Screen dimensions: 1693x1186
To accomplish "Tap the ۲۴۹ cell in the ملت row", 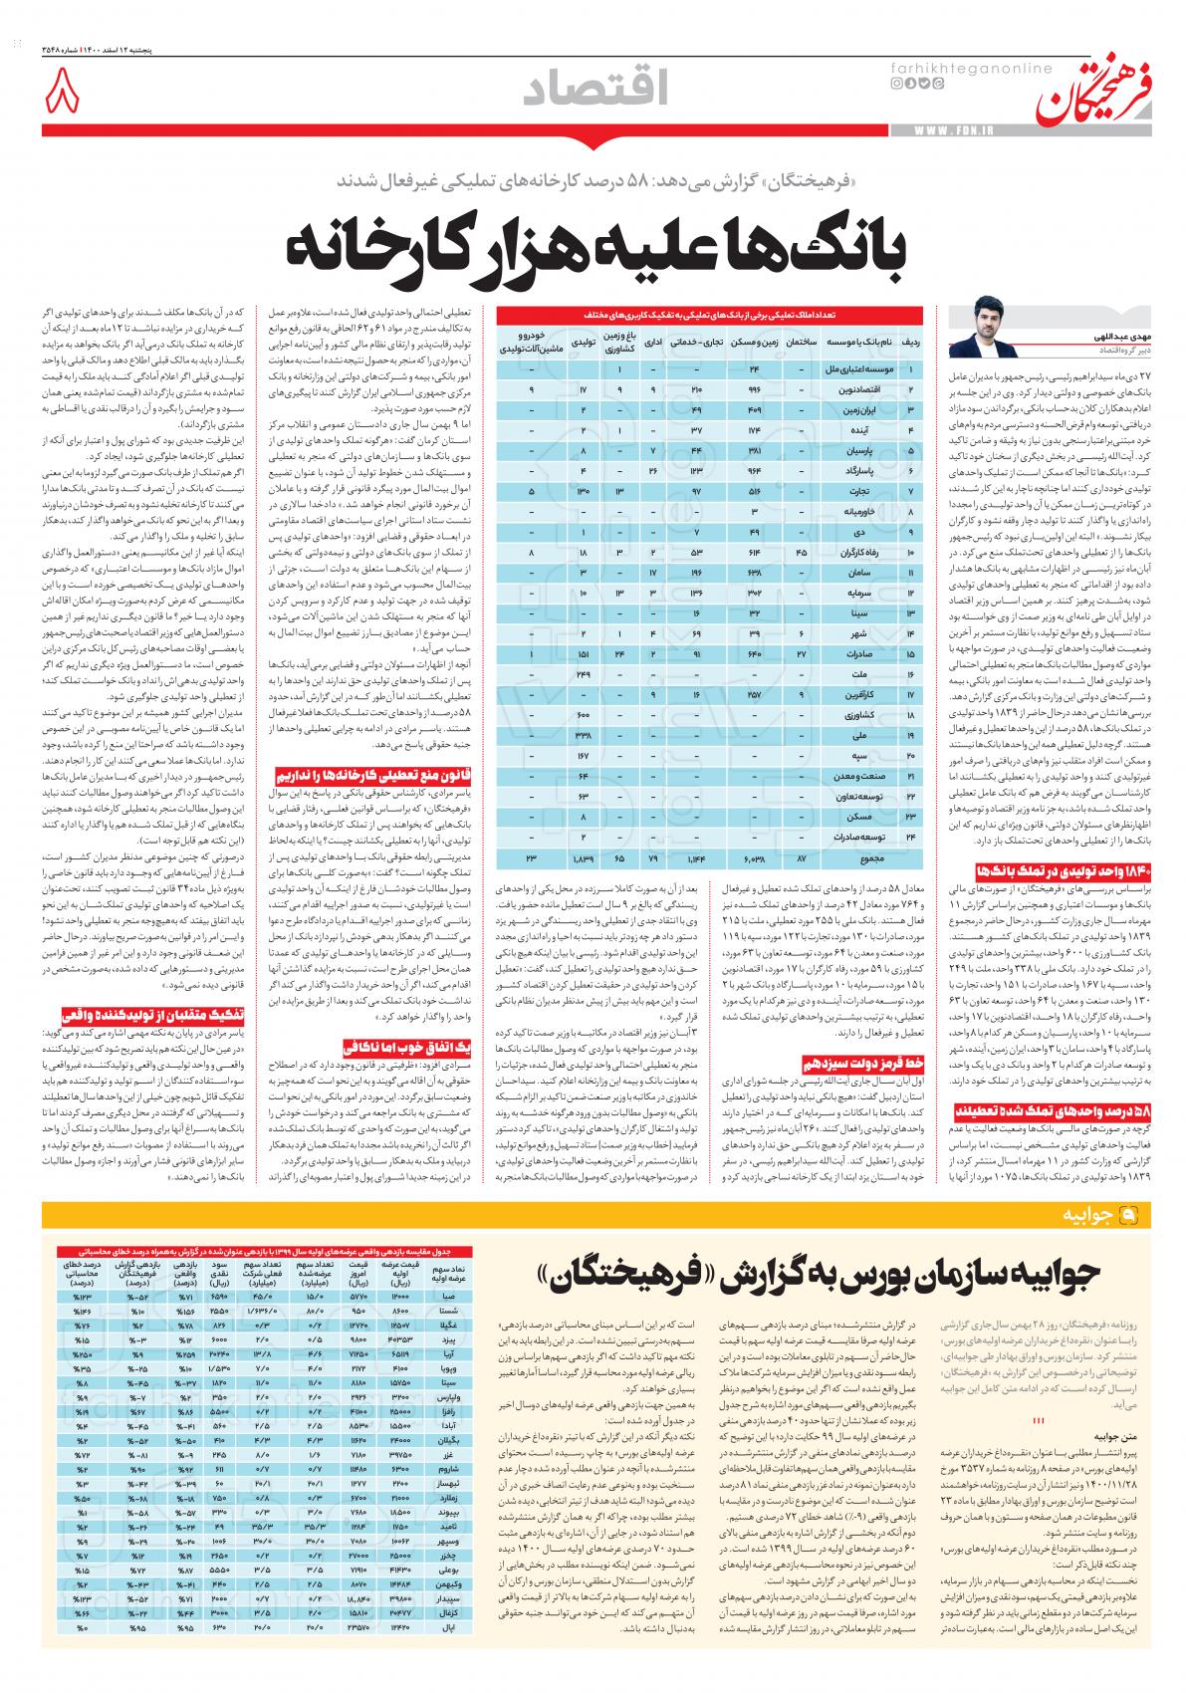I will pos(585,674).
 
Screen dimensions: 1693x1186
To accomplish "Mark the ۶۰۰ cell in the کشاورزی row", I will pos(585,715).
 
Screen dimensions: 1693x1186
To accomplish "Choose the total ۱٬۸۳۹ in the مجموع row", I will pos(584,857).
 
